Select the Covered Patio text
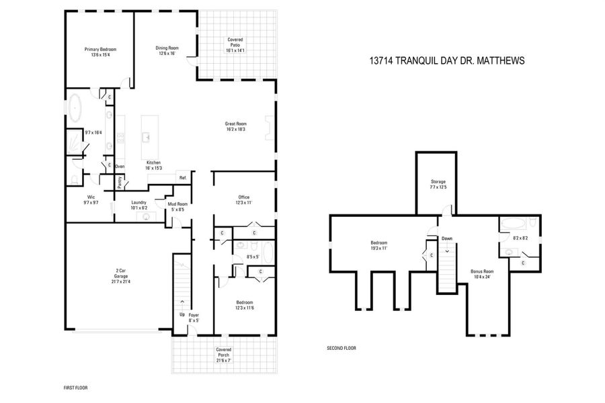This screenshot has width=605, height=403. (x=235, y=44)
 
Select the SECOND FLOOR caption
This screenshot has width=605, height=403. (x=341, y=349)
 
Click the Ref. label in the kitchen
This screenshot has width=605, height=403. (x=182, y=177)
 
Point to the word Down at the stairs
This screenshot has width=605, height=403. (x=447, y=238)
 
